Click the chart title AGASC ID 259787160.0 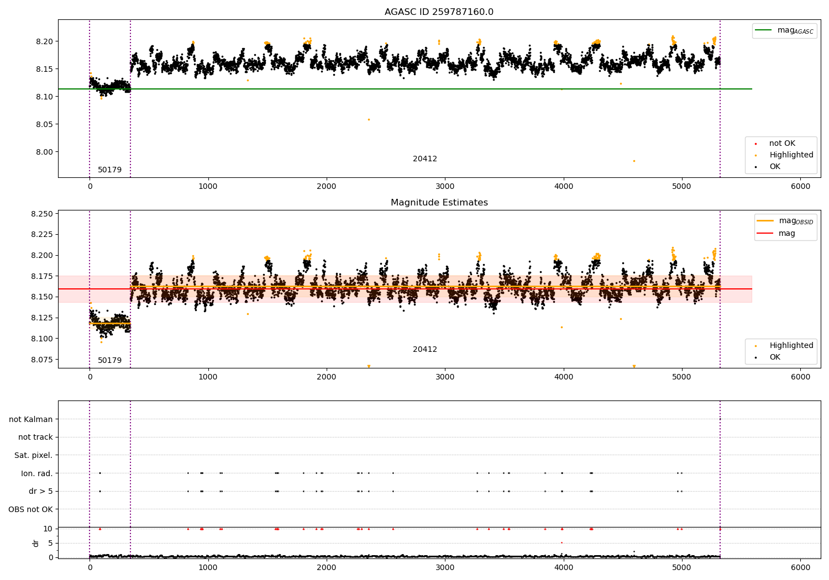click(439, 12)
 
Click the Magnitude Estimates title click(439, 203)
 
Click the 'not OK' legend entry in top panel click(782, 144)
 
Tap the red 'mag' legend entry click(786, 234)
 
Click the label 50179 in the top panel click(109, 170)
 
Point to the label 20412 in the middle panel click(424, 350)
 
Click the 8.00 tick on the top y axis click(45, 152)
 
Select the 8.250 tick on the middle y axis click(43, 214)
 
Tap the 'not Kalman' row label click(31, 420)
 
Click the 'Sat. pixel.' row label click(34, 456)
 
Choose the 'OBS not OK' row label click(31, 509)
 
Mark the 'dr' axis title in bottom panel click(36, 543)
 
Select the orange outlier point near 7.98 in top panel click(634, 161)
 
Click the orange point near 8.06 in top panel click(369, 119)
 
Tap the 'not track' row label click(35, 437)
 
